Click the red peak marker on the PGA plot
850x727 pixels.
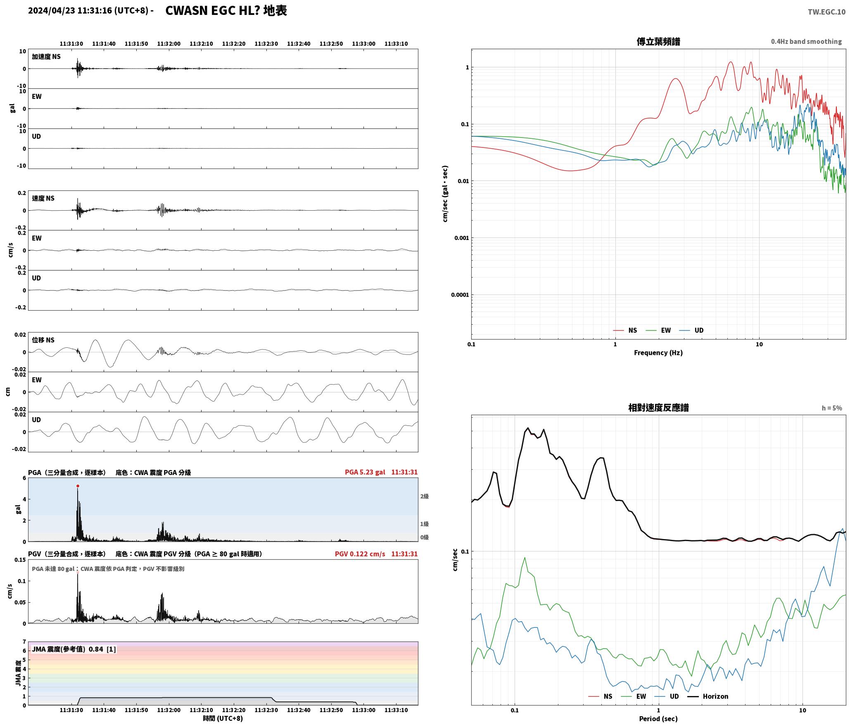(78, 486)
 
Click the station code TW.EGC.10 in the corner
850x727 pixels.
(826, 12)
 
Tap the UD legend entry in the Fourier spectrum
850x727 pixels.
(691, 330)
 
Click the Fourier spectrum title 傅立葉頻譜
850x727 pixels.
(658, 41)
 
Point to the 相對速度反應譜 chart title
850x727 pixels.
(658, 408)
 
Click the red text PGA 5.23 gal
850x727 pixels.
(365, 472)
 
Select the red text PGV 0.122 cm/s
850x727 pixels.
(360, 554)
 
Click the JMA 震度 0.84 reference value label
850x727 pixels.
(74, 649)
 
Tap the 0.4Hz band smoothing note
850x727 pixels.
(806, 42)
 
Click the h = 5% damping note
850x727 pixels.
(832, 408)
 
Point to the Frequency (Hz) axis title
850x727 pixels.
(658, 353)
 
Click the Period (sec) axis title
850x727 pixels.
(658, 719)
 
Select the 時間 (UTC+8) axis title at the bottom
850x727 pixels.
(223, 718)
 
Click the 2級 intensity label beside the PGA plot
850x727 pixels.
(425, 496)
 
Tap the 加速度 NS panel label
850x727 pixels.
(46, 57)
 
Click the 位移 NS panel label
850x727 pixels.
(43, 340)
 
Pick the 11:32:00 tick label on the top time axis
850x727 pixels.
(169, 44)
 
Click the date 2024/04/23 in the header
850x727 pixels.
(52, 11)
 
